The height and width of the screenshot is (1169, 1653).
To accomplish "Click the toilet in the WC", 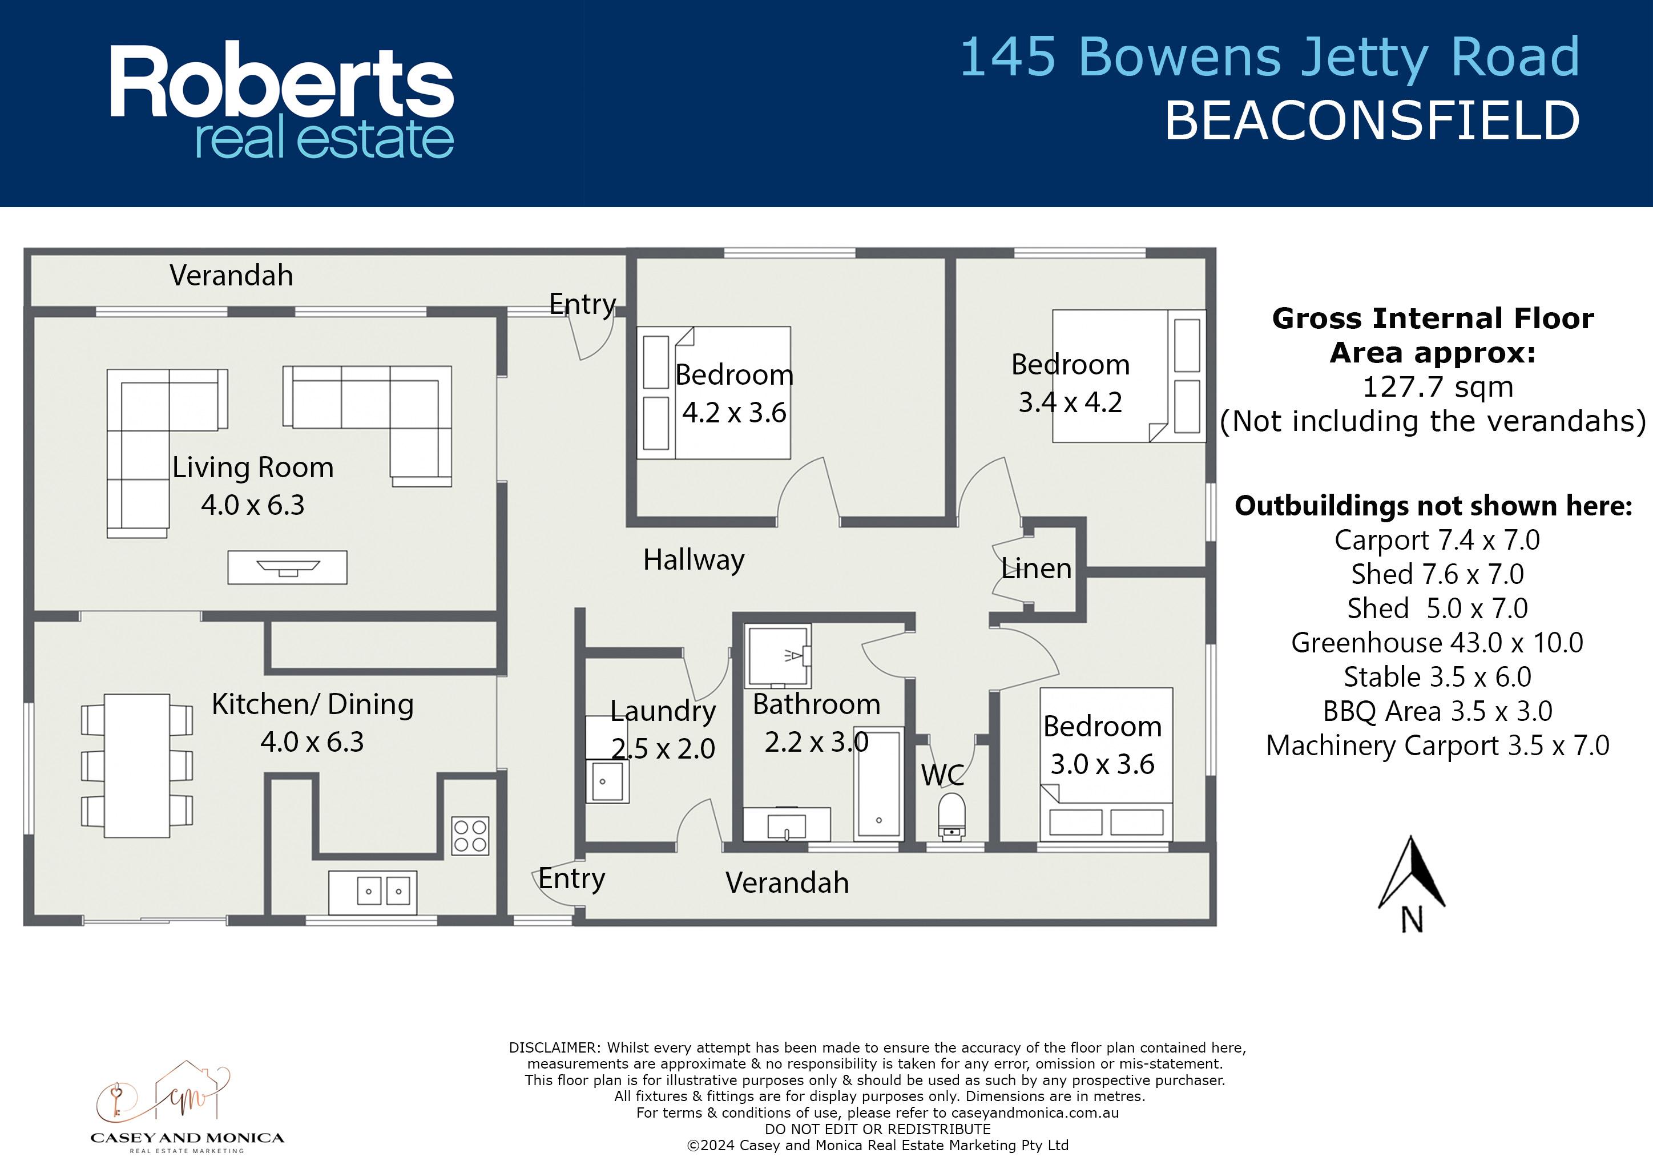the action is pyautogui.click(x=952, y=816).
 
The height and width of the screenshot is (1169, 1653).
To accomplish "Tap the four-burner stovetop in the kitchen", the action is pyautogui.click(x=470, y=835).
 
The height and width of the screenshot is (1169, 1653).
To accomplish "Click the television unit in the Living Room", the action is pyautogui.click(x=287, y=567).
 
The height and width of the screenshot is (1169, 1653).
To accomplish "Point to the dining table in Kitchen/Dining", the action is pyautogui.click(x=137, y=765).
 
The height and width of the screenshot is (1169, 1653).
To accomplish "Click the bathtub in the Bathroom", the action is pyautogui.click(x=878, y=783).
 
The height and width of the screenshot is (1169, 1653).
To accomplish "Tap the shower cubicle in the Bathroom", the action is pyautogui.click(x=778, y=656).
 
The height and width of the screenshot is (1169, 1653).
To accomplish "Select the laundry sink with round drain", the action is pyautogui.click(x=607, y=781).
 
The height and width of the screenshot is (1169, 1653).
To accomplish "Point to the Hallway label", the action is pyautogui.click(x=694, y=560).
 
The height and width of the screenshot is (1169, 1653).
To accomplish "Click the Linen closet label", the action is pyautogui.click(x=1036, y=569).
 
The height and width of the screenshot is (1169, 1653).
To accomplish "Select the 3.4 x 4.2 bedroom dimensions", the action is pyautogui.click(x=1070, y=402).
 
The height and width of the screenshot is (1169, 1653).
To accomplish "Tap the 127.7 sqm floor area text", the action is pyautogui.click(x=1438, y=387).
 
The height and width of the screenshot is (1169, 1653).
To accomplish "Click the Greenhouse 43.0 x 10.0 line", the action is pyautogui.click(x=1437, y=643).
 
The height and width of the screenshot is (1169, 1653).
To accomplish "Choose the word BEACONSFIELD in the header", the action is pyautogui.click(x=1372, y=121).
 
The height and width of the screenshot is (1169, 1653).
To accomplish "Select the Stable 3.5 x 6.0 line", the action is pyautogui.click(x=1437, y=676).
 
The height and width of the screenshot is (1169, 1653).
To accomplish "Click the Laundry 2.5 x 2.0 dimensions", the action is pyautogui.click(x=663, y=749).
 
